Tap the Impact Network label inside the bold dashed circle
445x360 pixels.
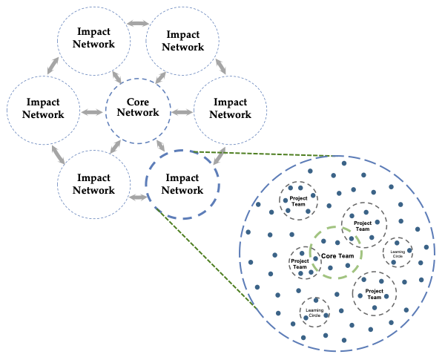coord(182,184)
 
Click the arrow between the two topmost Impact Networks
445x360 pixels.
coord(137,24)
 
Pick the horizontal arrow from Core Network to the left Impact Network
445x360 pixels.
coord(92,113)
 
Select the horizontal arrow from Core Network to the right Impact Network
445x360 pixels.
coord(182,113)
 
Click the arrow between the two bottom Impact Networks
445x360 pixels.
coord(137,197)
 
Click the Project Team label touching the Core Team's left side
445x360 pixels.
coord(300,264)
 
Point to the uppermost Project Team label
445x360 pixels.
coord(298,200)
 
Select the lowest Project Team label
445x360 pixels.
coord(375,294)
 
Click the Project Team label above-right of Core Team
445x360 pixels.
coord(363,226)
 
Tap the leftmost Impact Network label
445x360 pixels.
coord(43,108)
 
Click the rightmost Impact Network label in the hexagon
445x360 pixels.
coord(231,108)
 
